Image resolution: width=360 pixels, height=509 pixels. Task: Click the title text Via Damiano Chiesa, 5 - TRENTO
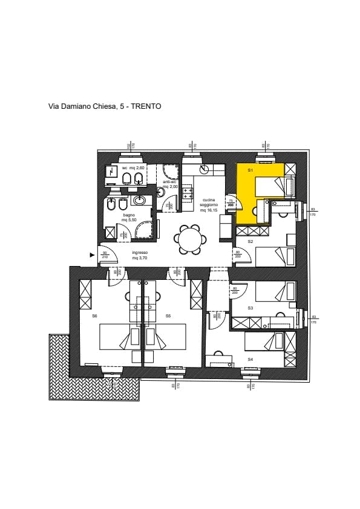click(105, 106)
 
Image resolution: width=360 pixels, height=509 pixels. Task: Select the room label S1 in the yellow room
click(250, 171)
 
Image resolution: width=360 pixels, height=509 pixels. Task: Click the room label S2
click(250, 242)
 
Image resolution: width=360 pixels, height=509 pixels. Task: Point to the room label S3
click(250, 308)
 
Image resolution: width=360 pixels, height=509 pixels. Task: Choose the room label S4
click(250, 359)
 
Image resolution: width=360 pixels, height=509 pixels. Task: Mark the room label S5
click(168, 316)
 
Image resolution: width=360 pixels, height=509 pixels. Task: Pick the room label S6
click(95, 316)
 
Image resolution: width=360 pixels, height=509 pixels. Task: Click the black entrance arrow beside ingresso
click(92, 255)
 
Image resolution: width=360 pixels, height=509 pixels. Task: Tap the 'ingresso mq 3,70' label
click(140, 255)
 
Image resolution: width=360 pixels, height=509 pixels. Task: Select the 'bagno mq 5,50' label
click(129, 217)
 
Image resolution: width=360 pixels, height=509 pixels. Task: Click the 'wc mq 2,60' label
click(133, 167)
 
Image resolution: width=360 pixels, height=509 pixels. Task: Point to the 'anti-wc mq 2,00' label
click(170, 184)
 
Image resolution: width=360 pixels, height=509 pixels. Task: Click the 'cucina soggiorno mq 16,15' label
click(208, 206)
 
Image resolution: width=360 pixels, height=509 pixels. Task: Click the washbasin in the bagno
click(139, 201)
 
